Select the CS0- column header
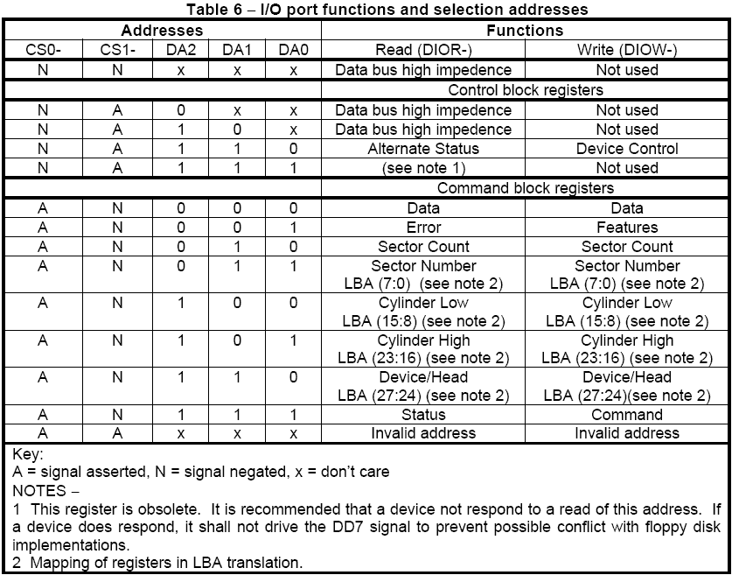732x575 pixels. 43,51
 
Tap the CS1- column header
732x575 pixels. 118,51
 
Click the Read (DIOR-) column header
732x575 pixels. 423,51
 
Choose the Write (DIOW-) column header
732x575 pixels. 627,51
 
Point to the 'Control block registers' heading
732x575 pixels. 525,90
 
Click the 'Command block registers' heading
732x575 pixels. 525,187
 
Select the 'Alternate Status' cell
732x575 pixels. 423,149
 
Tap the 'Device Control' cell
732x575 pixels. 627,149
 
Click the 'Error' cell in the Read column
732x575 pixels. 423,228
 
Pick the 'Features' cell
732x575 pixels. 627,228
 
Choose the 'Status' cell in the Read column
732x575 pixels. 423,415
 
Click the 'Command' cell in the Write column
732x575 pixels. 627,415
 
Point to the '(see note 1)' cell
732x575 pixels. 423,168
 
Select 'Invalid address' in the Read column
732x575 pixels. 423,433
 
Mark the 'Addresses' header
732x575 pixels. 162,31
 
